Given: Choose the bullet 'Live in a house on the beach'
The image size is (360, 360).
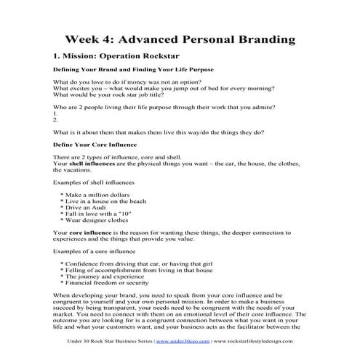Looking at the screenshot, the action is (109, 204).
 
